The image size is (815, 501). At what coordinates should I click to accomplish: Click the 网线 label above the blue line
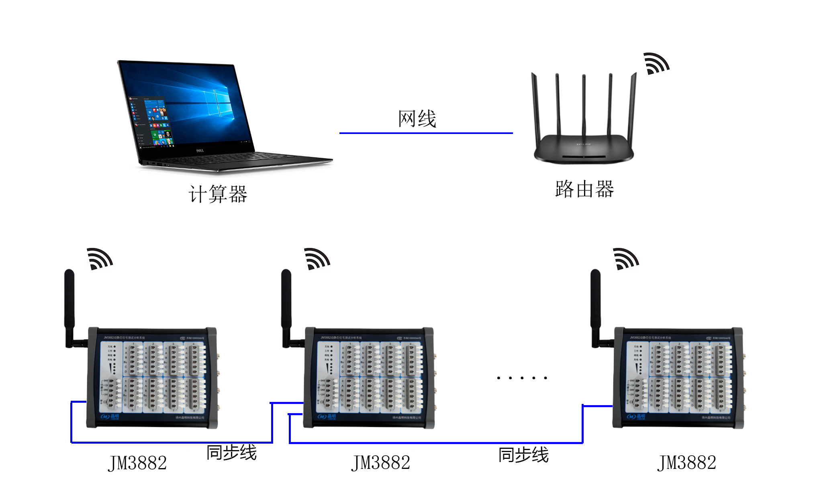[x=417, y=119]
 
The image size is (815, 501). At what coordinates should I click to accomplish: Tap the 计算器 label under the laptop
[x=218, y=194]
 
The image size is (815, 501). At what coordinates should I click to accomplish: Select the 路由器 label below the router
[x=584, y=189]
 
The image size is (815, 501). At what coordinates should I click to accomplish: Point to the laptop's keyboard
[x=241, y=158]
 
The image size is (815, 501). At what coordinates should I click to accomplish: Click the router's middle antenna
[x=584, y=104]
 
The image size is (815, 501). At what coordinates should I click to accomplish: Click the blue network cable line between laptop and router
[x=426, y=133]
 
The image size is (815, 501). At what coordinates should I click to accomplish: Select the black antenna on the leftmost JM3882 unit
[x=69, y=305]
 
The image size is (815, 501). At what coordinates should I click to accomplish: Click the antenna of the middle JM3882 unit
[x=286, y=305]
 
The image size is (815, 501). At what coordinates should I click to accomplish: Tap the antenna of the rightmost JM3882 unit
[x=595, y=305]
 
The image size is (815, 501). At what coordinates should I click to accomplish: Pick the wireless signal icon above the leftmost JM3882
[x=99, y=259]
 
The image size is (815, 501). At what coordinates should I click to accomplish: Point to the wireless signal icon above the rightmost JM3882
[x=625, y=259]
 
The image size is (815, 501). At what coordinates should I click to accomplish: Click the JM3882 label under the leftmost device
[x=137, y=463]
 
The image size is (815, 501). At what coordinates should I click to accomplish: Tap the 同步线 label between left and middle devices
[x=231, y=452]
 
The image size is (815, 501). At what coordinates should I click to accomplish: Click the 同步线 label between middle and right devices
[x=523, y=455]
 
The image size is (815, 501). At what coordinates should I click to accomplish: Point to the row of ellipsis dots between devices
[x=522, y=377]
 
